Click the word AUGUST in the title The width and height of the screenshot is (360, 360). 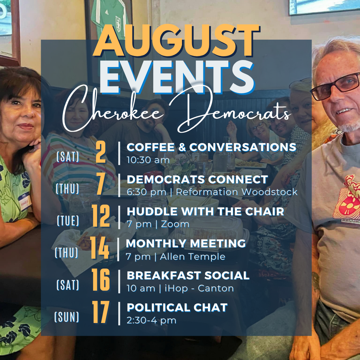pyautogui.click(x=176, y=41)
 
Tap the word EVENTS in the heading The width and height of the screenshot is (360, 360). pyautogui.click(x=177, y=77)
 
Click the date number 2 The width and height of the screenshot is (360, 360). pyautogui.click(x=101, y=152)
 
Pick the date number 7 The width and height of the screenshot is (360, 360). pyautogui.click(x=101, y=184)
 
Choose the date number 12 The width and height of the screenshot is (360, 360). pyautogui.click(x=101, y=216)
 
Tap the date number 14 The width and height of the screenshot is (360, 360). pyautogui.click(x=100, y=248)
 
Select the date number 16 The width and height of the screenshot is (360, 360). pyautogui.click(x=101, y=280)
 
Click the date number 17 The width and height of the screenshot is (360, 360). pyautogui.click(x=101, y=312)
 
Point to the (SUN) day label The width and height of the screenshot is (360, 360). pyautogui.click(x=67, y=317)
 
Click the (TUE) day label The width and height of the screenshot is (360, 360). pyautogui.click(x=68, y=221)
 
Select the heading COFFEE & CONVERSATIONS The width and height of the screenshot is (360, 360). pyautogui.click(x=211, y=147)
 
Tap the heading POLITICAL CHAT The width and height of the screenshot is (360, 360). pyautogui.click(x=177, y=308)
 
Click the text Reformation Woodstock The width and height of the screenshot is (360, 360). pyautogui.click(x=237, y=192)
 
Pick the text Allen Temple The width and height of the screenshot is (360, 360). pyautogui.click(x=193, y=256)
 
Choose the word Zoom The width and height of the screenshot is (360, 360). pyautogui.click(x=175, y=224)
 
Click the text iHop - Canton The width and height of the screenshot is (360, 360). pyautogui.click(x=199, y=288)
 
